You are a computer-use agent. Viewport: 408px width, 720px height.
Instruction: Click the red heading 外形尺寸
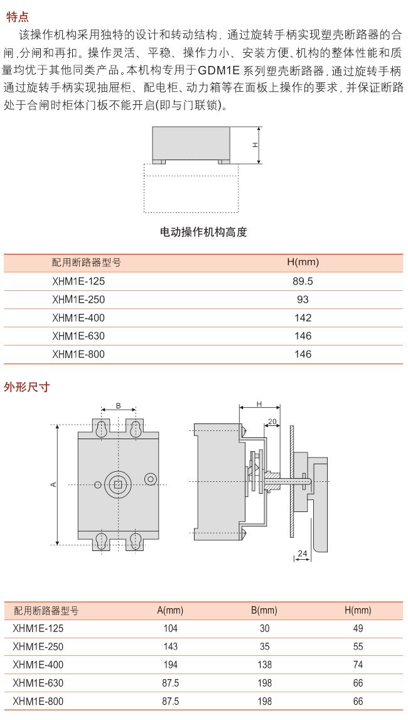(x=26, y=387)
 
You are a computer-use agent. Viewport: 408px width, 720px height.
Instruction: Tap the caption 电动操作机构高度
(x=203, y=232)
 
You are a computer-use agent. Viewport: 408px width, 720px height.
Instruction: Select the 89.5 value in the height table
(x=303, y=281)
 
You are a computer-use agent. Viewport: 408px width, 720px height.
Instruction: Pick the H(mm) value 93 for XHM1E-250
(x=303, y=300)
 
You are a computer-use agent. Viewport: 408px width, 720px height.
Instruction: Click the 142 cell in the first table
(x=303, y=318)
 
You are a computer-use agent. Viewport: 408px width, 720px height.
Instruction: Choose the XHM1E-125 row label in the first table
(x=78, y=281)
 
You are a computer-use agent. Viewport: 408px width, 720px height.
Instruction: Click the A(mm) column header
(x=169, y=610)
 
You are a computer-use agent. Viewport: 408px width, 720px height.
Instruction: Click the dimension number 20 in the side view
(x=272, y=421)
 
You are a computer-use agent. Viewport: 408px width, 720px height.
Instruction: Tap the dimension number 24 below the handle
(x=303, y=554)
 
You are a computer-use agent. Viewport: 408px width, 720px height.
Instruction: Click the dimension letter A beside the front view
(x=53, y=484)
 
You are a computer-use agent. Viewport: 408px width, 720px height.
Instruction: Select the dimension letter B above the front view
(x=118, y=406)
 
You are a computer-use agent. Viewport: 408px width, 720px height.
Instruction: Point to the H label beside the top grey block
(x=255, y=145)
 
